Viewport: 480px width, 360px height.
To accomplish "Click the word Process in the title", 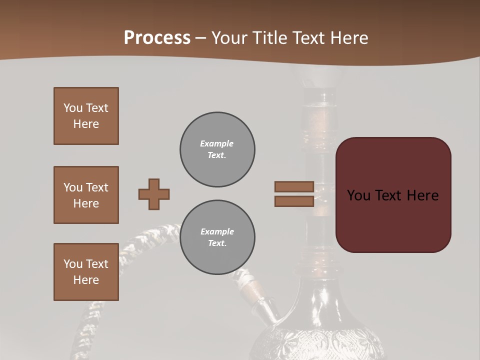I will [157, 38].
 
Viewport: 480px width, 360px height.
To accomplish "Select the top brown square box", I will [86, 116].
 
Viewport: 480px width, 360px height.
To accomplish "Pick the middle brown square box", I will [86, 195].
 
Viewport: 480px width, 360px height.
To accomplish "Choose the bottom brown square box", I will [86, 272].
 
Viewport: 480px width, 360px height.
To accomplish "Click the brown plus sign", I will [154, 194].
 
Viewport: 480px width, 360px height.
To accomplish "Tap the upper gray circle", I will [217, 149].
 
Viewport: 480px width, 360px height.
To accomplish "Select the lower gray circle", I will [217, 237].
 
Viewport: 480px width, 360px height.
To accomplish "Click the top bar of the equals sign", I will [294, 186].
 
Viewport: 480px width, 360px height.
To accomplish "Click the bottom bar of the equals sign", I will [294, 201].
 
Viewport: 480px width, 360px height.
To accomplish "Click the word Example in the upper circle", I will [217, 143].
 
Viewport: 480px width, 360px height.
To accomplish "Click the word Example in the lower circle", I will [217, 231].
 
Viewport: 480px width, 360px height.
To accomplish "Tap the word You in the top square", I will [73, 108].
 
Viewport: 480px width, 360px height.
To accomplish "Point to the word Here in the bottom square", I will [86, 280].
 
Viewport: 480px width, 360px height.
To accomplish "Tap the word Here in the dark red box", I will [423, 195].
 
